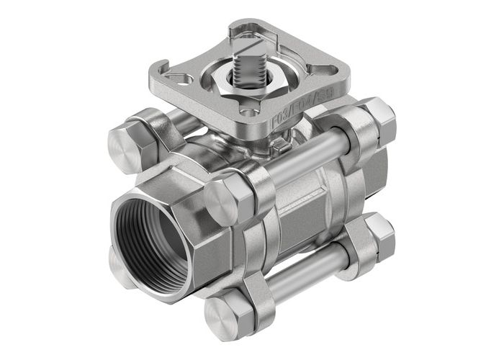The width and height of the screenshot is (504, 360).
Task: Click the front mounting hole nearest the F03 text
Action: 248,112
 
